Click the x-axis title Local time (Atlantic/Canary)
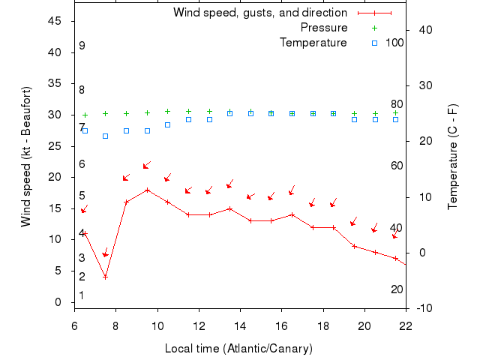(238, 349)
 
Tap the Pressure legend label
(323, 28)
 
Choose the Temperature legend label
(313, 43)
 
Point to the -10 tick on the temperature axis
(424, 307)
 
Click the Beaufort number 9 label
(82, 46)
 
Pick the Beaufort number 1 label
(82, 295)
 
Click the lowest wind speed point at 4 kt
(106, 277)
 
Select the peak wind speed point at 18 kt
(148, 190)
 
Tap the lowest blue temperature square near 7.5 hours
(106, 136)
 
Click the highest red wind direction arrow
(147, 165)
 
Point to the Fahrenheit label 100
(394, 43)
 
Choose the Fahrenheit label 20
(397, 289)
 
